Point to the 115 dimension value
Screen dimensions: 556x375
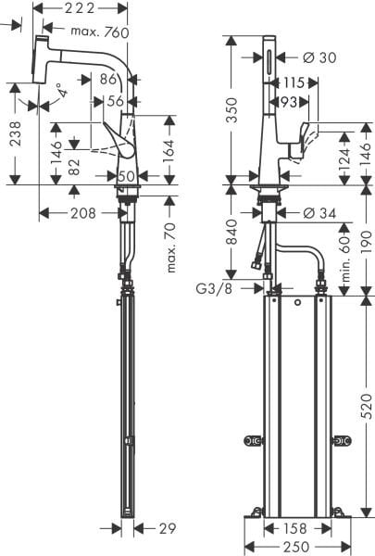pyautogui.click(x=295, y=82)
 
